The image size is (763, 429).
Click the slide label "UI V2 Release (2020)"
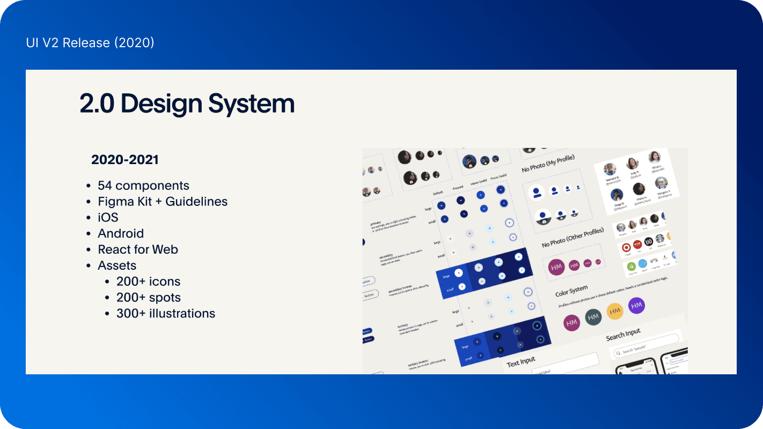90,43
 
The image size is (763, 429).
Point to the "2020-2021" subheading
124,160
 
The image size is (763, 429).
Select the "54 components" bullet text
143,186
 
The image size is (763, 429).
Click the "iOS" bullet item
108,218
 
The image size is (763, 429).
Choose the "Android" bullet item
121,234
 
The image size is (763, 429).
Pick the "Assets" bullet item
117,266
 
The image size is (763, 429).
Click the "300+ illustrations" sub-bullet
166,314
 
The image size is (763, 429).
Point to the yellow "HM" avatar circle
615,311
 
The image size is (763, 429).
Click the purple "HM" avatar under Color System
636,306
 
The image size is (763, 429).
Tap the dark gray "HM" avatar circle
593,317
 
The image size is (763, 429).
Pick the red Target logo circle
626,248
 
